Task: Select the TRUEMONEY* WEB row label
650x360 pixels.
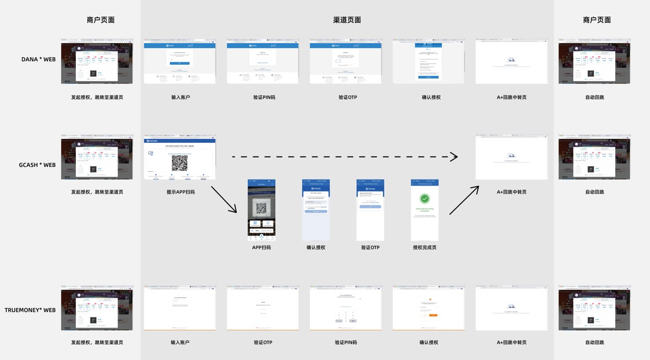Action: point(30,310)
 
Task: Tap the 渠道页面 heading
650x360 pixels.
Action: point(347,20)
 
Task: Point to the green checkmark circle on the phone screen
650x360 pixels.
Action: point(425,199)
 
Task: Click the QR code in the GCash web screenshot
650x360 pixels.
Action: point(180,163)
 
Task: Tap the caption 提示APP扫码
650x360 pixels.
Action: point(180,192)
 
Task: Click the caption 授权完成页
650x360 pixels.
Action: point(425,247)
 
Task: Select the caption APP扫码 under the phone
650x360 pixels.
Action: point(262,247)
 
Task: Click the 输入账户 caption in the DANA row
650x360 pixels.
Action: point(180,97)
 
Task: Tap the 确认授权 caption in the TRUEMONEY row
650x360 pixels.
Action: point(428,342)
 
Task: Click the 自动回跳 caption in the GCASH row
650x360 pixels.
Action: point(594,192)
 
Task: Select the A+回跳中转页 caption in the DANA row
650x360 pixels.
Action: point(511,97)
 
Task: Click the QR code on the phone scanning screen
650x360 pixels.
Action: point(262,208)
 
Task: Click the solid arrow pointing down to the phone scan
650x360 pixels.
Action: point(224,199)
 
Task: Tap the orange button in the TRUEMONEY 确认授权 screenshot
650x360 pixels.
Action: point(433,315)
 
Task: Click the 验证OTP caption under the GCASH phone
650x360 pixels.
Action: point(370,247)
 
